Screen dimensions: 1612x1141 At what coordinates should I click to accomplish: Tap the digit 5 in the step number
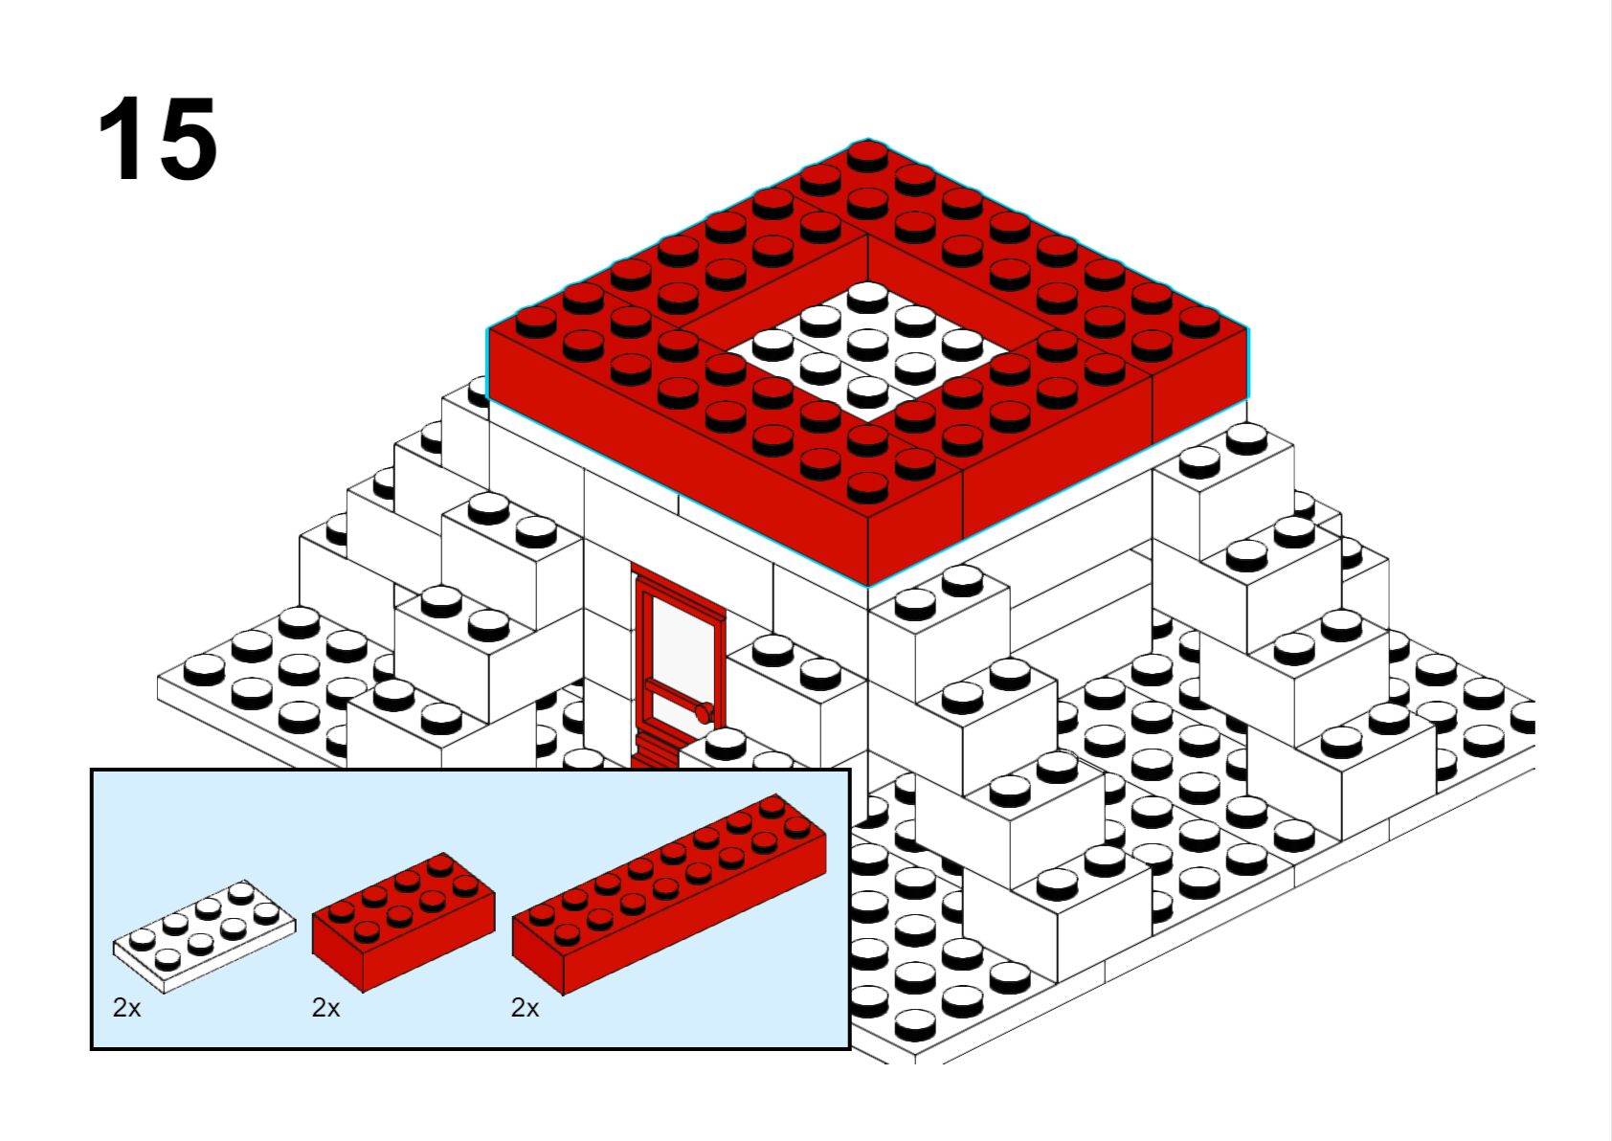pyautogui.click(x=185, y=138)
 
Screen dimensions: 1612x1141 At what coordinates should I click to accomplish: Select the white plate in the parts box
pyautogui.click(x=205, y=937)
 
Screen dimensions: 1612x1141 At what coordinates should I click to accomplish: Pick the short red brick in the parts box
pyautogui.click(x=403, y=923)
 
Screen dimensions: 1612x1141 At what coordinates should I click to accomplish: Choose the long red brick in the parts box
pyautogui.click(x=669, y=895)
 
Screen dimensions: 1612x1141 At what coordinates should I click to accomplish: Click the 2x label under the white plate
pyautogui.click(x=126, y=1008)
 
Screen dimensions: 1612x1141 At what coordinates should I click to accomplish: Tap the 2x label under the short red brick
pyautogui.click(x=326, y=1008)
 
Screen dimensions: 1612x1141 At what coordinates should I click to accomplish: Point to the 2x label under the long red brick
pyautogui.click(x=526, y=1008)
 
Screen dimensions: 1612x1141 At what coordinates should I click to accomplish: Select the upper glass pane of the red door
pyautogui.click(x=683, y=644)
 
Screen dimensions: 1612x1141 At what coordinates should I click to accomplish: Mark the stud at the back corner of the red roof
pyautogui.click(x=868, y=155)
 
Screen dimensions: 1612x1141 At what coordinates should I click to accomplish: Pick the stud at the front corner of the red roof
pyautogui.click(x=868, y=488)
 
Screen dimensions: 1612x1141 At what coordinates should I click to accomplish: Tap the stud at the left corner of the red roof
pyautogui.click(x=536, y=322)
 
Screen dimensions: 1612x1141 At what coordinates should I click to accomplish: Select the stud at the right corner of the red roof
pyautogui.click(x=1199, y=322)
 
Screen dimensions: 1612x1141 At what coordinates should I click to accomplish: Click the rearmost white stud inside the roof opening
pyautogui.click(x=868, y=297)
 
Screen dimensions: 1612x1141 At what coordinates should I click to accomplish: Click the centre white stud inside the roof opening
pyautogui.click(x=868, y=345)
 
